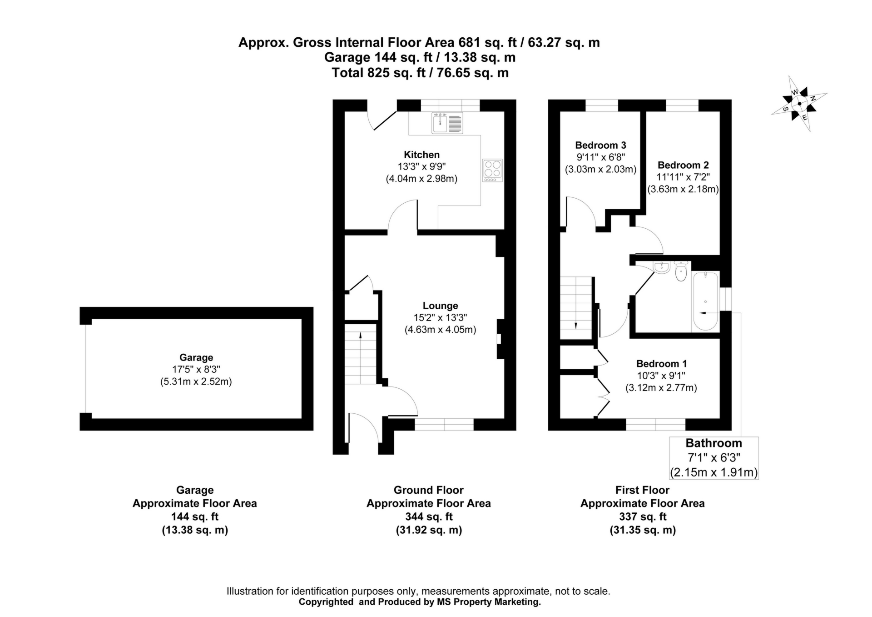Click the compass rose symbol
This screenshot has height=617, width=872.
799,104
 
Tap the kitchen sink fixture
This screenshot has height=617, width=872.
447,123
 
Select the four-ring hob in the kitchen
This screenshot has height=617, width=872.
493,171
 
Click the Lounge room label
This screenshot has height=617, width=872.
440,306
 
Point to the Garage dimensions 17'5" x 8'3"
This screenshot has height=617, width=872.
196,370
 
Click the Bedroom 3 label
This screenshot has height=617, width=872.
600,145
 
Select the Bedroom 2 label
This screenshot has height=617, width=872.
683,165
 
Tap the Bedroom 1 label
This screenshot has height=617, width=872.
661,364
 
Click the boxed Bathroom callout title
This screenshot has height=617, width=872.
713,443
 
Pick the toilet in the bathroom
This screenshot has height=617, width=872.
681,272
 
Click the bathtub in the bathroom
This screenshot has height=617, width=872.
705,301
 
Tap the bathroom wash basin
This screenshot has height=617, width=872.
662,268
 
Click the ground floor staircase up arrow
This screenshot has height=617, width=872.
361,336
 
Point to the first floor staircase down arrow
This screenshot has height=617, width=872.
576,326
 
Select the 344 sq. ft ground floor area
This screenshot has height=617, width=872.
429,517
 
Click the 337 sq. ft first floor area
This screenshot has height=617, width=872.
642,517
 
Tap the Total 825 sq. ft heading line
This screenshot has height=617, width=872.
420,73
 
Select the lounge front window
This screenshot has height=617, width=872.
444,425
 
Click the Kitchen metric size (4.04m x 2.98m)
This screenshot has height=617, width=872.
421,179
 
